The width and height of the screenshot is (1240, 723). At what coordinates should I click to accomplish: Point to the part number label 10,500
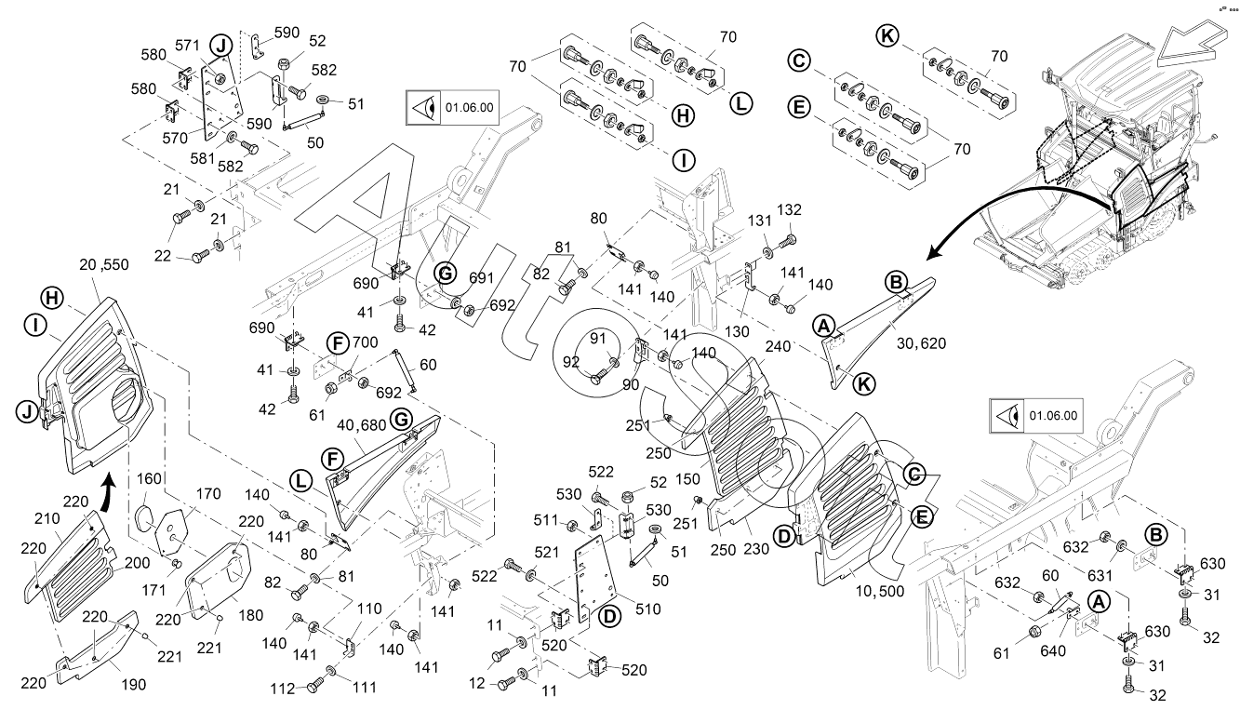pyautogui.click(x=877, y=591)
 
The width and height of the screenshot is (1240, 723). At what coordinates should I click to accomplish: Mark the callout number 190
pyautogui.click(x=134, y=684)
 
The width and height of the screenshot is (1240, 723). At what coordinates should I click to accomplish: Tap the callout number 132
pyautogui.click(x=789, y=210)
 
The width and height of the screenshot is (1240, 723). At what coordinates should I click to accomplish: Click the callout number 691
pyautogui.click(x=482, y=276)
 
